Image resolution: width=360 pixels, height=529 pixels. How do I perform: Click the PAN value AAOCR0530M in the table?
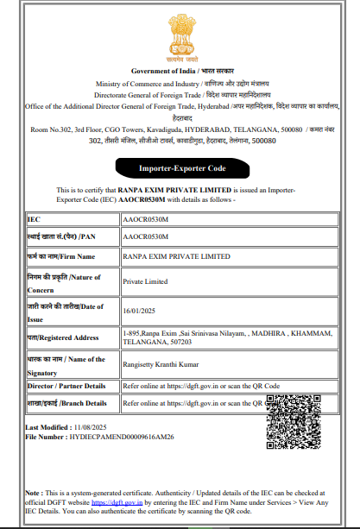tap(144, 236)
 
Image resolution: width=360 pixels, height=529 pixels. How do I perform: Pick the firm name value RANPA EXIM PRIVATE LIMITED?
tap(176, 256)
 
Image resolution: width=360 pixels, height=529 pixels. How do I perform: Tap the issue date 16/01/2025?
tap(141, 311)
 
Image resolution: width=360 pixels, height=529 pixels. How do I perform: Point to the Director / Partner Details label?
tap(67, 386)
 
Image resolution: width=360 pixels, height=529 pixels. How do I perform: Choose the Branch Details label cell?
tap(67, 403)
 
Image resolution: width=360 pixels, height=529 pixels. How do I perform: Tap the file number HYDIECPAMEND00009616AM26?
tap(124, 438)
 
